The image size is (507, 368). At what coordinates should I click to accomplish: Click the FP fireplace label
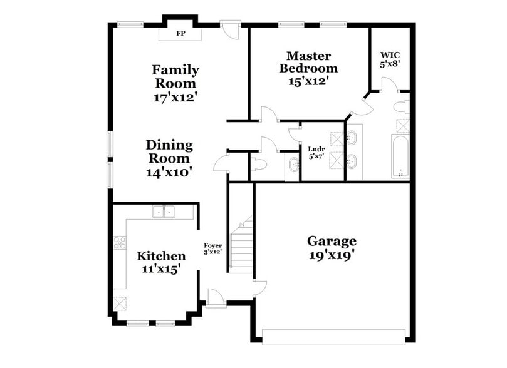pos(180,33)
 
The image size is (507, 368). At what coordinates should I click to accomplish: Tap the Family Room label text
pos(175,76)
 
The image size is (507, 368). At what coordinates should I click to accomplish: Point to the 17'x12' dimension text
pos(175,98)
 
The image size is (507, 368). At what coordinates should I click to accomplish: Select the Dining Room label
pos(169,151)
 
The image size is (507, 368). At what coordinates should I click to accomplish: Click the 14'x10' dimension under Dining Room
pos(169,171)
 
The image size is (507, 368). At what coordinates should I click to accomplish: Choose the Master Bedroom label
pos(308,62)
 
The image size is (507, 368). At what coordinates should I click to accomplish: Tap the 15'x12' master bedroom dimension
pos(308,81)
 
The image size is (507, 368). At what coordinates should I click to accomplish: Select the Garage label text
pos(332,241)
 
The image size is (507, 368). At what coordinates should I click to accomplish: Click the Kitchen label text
pos(161,256)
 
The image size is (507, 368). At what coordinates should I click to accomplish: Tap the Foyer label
pos(213,245)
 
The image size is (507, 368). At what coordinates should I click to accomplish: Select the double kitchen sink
pos(164,212)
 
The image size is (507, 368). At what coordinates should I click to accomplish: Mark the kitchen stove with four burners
pos(120,243)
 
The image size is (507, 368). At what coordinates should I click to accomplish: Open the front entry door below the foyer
pos(214,299)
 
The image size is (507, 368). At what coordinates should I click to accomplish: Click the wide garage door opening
pos(334,337)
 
